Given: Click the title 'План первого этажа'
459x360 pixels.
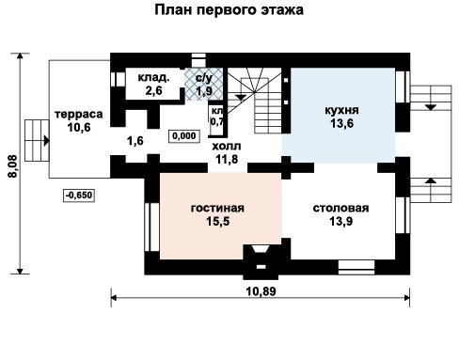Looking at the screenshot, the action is [229, 10].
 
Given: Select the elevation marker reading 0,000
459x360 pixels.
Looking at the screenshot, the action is [184, 136].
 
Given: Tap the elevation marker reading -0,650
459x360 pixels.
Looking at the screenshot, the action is [79, 196].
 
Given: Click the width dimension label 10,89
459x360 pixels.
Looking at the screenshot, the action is [261, 291].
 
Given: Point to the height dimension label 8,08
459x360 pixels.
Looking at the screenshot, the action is [13, 166].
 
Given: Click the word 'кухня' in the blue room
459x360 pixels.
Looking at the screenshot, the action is [341, 110].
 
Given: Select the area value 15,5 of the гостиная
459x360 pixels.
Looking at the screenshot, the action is [218, 221].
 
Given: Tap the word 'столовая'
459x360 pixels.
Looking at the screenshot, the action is [340, 208].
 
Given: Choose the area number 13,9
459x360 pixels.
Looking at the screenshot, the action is [340, 221].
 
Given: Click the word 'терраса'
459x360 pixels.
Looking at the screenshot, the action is [79, 114].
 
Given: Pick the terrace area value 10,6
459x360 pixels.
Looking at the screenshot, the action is [79, 127].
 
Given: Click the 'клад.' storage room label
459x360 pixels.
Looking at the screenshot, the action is [153, 77].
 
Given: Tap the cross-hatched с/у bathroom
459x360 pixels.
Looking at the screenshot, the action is [204, 84].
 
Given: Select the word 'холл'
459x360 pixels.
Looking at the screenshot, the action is [227, 146].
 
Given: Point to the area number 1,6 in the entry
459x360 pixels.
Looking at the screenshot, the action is [135, 141].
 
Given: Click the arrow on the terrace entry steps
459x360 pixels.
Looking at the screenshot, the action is [45, 140].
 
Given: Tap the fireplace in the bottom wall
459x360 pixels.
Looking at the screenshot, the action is [261, 262].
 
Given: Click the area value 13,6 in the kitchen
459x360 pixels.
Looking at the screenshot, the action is [341, 123].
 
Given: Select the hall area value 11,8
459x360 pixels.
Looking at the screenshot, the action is [227, 159].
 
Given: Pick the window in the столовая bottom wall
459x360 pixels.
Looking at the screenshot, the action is [356, 267].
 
